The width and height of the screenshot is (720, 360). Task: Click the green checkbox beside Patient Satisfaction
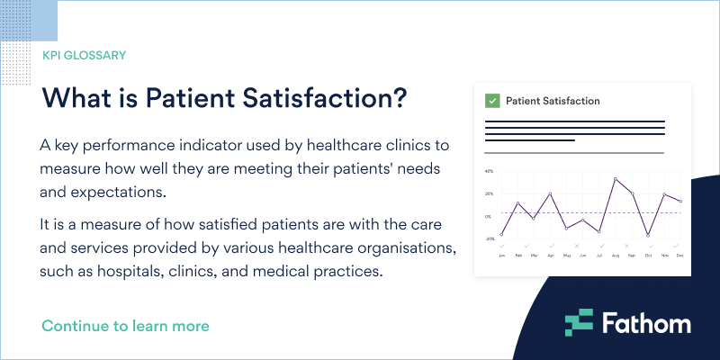coord(492,101)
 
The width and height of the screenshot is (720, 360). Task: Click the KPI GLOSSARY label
coord(84,55)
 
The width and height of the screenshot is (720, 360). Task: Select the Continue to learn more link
coord(125,325)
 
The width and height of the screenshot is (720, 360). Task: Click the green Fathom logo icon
coord(580,323)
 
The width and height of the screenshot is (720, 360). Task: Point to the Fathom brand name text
coord(646,323)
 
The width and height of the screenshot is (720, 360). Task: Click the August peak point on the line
coord(616,178)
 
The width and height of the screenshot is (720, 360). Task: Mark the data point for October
coord(648,236)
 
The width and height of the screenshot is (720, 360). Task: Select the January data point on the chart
coord(501,235)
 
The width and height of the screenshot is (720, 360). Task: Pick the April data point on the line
coord(550,193)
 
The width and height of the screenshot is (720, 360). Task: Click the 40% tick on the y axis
coord(489,171)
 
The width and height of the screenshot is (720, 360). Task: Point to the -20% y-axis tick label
coord(488,239)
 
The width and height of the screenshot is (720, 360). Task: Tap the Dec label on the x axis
coord(680,256)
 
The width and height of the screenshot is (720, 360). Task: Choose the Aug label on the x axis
coord(616,256)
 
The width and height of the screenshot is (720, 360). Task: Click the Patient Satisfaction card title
coord(553,101)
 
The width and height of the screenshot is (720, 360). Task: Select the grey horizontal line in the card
coord(574,153)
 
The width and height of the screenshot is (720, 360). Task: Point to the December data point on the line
coord(680,202)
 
